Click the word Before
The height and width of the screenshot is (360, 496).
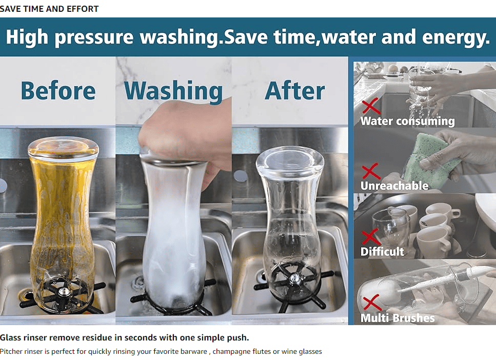pos(58,90)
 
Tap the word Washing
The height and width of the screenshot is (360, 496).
pos(174,91)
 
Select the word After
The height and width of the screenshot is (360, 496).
pos(295,91)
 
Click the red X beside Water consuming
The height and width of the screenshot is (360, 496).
pos(371,106)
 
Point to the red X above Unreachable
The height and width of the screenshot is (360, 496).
pos(371,171)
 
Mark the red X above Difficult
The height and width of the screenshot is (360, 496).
pos(371,236)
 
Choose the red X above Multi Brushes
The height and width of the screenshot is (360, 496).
pos(372,302)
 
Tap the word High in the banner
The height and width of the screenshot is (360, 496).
pos(27,37)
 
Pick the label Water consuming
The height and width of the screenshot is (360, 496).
pos(408,121)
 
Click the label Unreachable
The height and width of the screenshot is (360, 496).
pos(394,185)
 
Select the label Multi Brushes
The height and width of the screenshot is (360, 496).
pos(398,317)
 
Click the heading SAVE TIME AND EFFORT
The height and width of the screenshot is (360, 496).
pos(49,9)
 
